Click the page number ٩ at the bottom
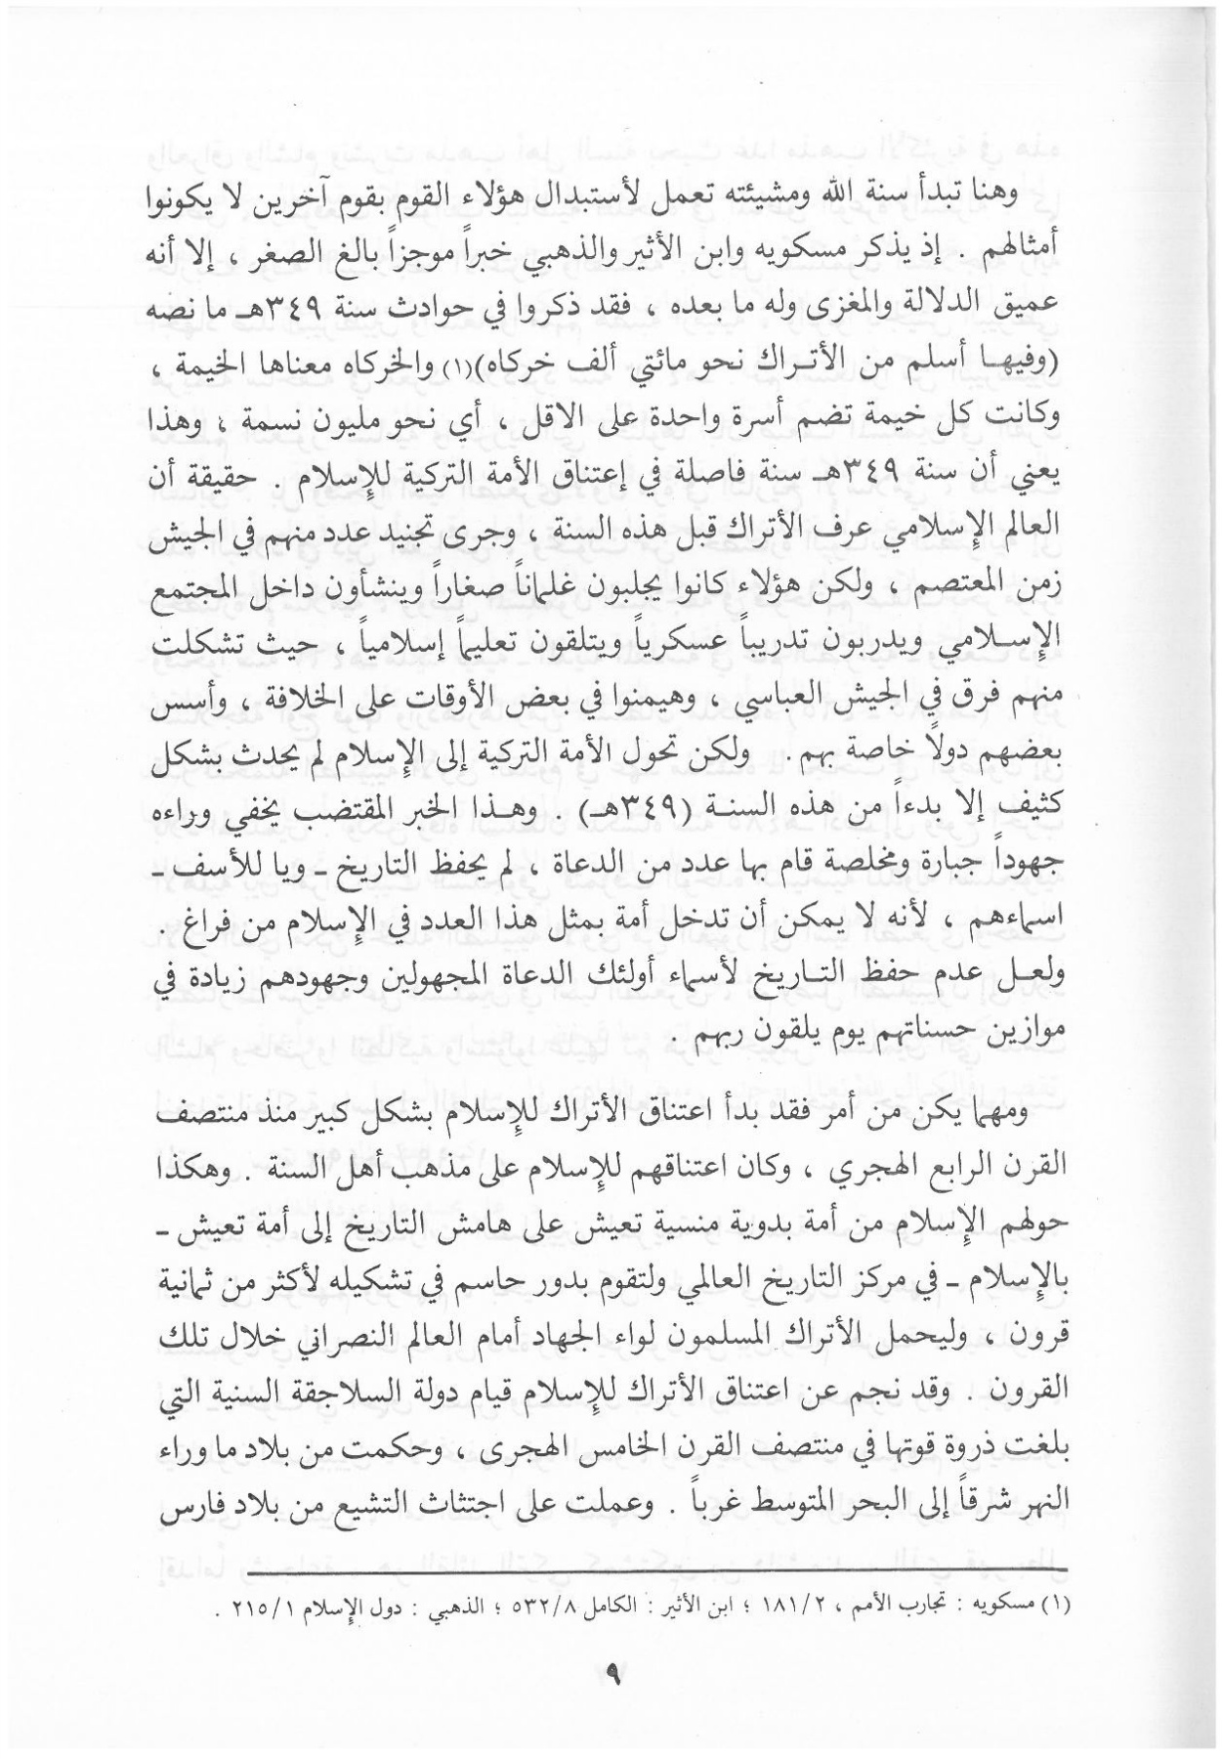click(x=612, y=1681)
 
